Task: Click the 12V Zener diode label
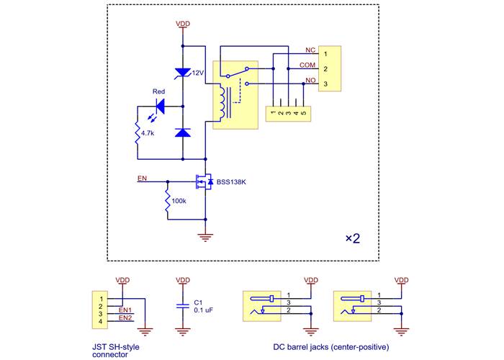coord(198,73)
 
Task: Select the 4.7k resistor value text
coord(148,133)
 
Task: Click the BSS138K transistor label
coord(231,182)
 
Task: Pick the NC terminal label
coord(310,50)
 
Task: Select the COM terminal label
coord(307,66)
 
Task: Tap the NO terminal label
coord(310,80)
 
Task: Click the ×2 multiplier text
coord(352,238)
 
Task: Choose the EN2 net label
coord(125,318)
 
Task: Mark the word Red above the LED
coord(159,91)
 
